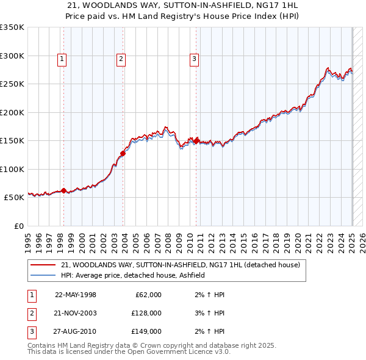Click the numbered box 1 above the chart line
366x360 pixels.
tap(63, 59)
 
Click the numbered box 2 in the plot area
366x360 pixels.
tap(121, 59)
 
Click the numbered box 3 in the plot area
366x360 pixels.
tap(194, 59)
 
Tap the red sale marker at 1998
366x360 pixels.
tap(63, 190)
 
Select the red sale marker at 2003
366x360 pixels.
tap(123, 153)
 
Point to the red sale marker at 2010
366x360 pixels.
tap(196, 141)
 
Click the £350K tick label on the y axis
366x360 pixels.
tap(12, 27)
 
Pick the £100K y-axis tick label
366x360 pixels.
tap(12, 169)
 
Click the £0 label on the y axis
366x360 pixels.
tap(19, 226)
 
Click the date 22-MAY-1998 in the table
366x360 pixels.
tap(76, 295)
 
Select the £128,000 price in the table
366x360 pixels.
tap(146, 313)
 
